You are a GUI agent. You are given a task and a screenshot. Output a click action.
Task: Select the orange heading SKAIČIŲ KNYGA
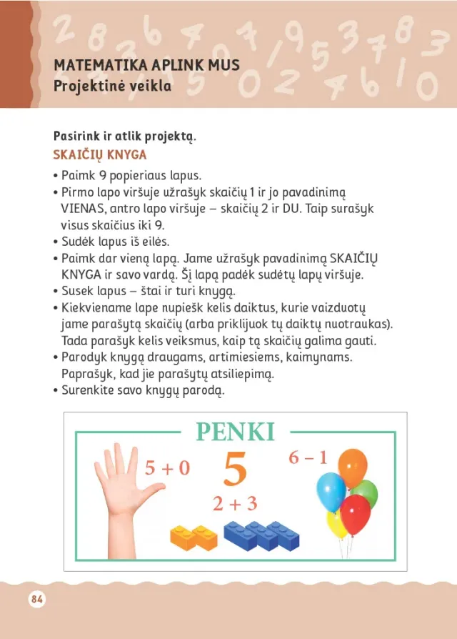pos(100,155)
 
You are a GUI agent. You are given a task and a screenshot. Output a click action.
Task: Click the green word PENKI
pos(235,433)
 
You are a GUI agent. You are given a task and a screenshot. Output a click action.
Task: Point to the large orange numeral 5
pos(236,469)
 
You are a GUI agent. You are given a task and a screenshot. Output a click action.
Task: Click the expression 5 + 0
pos(167,468)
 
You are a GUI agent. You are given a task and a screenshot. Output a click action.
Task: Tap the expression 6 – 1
pos(308,457)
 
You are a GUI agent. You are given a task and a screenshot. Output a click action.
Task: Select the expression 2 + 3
pos(234,504)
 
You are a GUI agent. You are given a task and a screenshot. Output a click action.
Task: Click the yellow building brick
pos(194,536)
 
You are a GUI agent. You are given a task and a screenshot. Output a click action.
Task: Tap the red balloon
pos(356,512)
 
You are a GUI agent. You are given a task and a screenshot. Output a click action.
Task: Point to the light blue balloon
pos(331,490)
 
